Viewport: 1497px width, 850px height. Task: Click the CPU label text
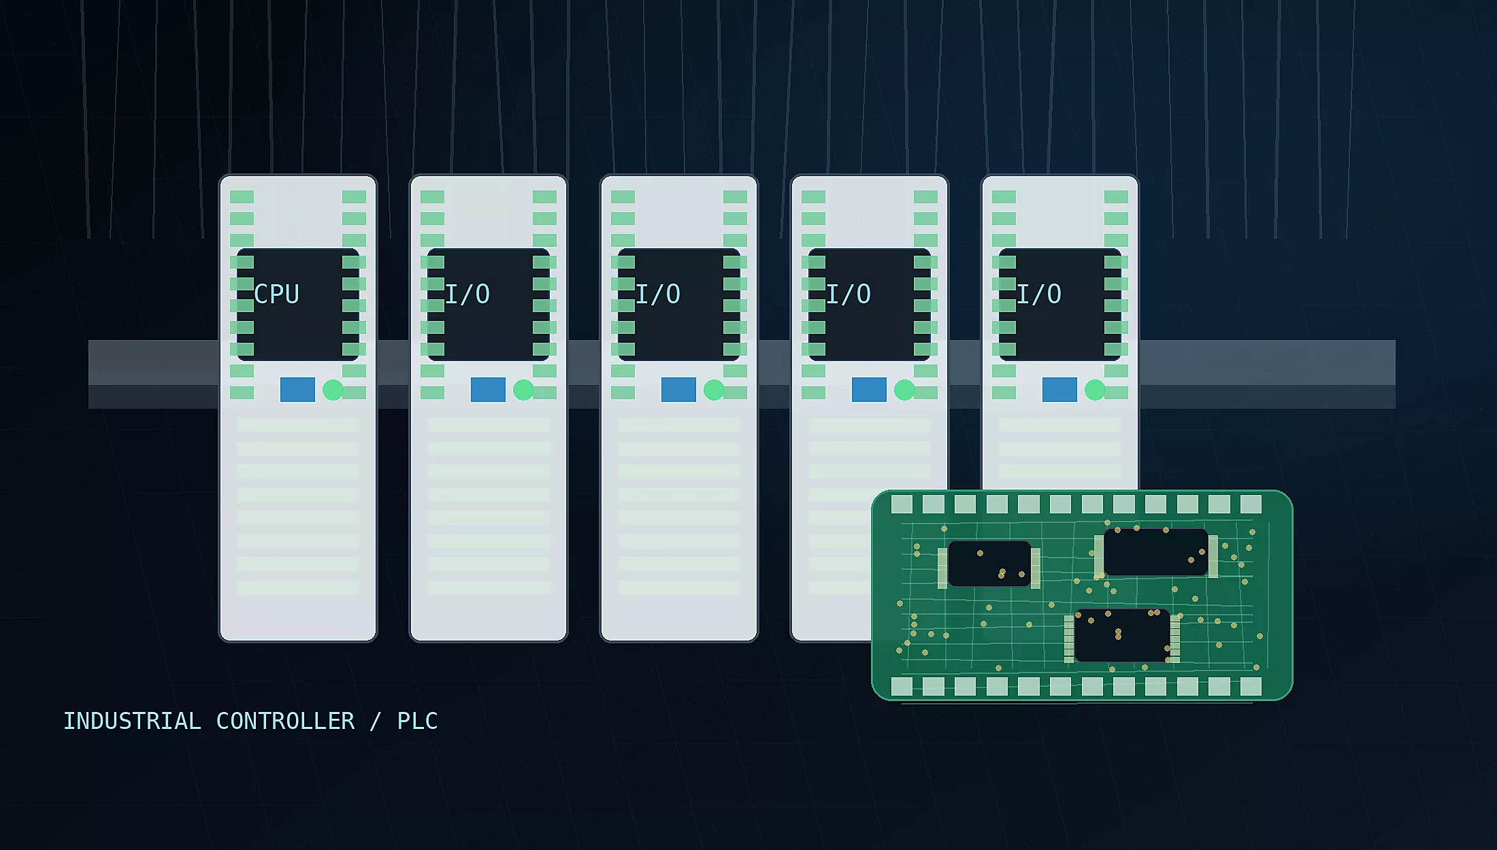click(x=276, y=294)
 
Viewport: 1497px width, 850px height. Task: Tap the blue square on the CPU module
click(x=297, y=390)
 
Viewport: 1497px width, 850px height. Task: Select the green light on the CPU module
click(x=333, y=390)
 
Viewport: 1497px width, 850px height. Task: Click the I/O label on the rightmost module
click(x=1038, y=294)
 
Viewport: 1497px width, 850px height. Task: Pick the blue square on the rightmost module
click(x=1059, y=390)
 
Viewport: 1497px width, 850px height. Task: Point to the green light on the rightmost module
click(x=1095, y=390)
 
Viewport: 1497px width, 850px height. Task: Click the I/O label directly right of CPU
click(x=467, y=294)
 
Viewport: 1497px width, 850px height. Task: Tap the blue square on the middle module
click(x=678, y=390)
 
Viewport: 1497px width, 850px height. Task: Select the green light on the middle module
click(x=714, y=390)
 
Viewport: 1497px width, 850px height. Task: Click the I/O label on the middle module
click(x=657, y=294)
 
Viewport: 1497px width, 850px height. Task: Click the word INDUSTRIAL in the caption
click(x=132, y=721)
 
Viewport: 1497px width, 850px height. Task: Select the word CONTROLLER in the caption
click(x=285, y=721)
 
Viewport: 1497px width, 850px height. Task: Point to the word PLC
click(x=417, y=721)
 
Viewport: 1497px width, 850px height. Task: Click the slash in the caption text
click(x=375, y=721)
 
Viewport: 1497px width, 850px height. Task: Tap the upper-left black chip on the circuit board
click(x=989, y=564)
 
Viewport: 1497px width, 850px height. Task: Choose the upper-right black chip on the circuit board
click(x=1155, y=552)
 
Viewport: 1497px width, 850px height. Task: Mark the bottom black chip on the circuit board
click(x=1122, y=635)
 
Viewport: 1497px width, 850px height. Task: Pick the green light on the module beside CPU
click(x=523, y=390)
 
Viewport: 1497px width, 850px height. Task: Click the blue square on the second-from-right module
click(x=869, y=390)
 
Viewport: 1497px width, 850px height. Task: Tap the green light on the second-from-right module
click(x=904, y=390)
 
